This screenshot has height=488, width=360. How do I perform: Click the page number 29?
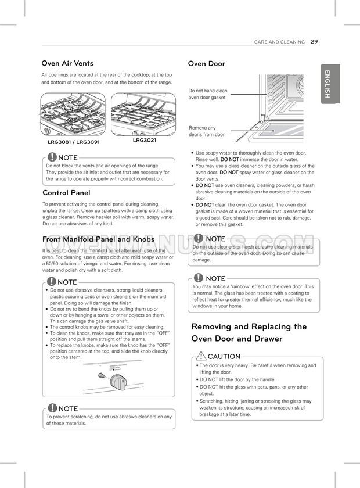point(314,42)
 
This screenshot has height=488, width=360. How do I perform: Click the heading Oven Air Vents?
point(67,63)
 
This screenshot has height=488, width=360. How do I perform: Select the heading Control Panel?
point(66,192)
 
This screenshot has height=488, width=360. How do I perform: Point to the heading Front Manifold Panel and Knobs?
point(98,239)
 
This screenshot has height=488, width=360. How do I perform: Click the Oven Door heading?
point(206,64)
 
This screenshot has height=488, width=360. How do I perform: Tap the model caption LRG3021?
point(144,140)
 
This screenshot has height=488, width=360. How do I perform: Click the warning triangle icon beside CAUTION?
point(201,356)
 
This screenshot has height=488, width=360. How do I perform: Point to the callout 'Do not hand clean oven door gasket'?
point(208,94)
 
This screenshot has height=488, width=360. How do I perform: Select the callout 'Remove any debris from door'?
point(206,131)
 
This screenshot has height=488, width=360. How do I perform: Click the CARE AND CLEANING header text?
point(279,42)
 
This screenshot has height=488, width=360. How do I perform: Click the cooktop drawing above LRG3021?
point(143,114)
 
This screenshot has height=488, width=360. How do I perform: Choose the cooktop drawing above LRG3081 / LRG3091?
point(73,115)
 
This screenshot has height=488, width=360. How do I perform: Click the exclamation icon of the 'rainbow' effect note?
point(199,278)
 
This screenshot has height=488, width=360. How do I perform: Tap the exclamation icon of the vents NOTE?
point(52,157)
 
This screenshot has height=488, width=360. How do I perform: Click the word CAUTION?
point(224,356)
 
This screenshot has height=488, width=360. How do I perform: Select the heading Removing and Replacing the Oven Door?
point(249,332)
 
